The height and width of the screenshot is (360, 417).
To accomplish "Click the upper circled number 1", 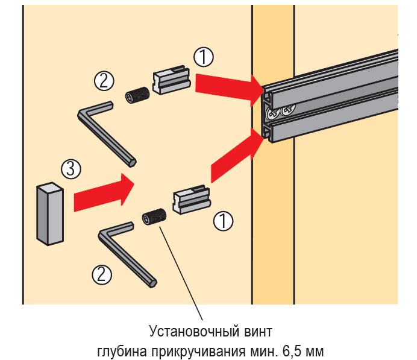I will tap(204, 58).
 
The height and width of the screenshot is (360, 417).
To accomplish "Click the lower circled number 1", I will tap(224, 221).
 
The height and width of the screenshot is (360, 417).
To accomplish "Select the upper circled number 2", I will tap(104, 80).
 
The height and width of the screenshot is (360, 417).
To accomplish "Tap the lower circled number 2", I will tap(101, 275).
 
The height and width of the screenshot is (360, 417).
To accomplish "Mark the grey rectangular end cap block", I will tap(49, 215).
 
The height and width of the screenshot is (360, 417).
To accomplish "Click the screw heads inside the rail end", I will tap(278, 111).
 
